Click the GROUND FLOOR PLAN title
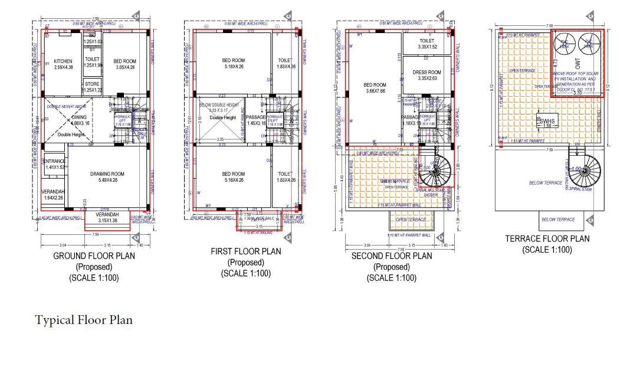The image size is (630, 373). click(94, 256)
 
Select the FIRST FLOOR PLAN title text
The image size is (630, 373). click(245, 251)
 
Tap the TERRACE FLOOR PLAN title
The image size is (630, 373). click(547, 239)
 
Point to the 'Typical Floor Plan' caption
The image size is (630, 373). click(84, 320)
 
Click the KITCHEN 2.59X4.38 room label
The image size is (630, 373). click(63, 64)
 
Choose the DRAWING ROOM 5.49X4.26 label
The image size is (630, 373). click(107, 176)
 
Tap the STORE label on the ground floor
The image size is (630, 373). click(92, 87)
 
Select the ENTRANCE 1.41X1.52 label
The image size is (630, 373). click(54, 164)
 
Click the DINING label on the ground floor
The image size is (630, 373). click(80, 120)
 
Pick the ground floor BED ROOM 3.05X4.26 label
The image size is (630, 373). click(124, 64)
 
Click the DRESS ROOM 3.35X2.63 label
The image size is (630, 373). click(426, 75)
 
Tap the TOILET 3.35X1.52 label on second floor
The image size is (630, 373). click(427, 44)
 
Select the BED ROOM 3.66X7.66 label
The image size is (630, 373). click(375, 88)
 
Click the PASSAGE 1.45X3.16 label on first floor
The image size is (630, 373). click(255, 120)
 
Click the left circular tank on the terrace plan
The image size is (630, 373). click(565, 42)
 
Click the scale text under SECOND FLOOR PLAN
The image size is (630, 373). click(392, 278)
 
